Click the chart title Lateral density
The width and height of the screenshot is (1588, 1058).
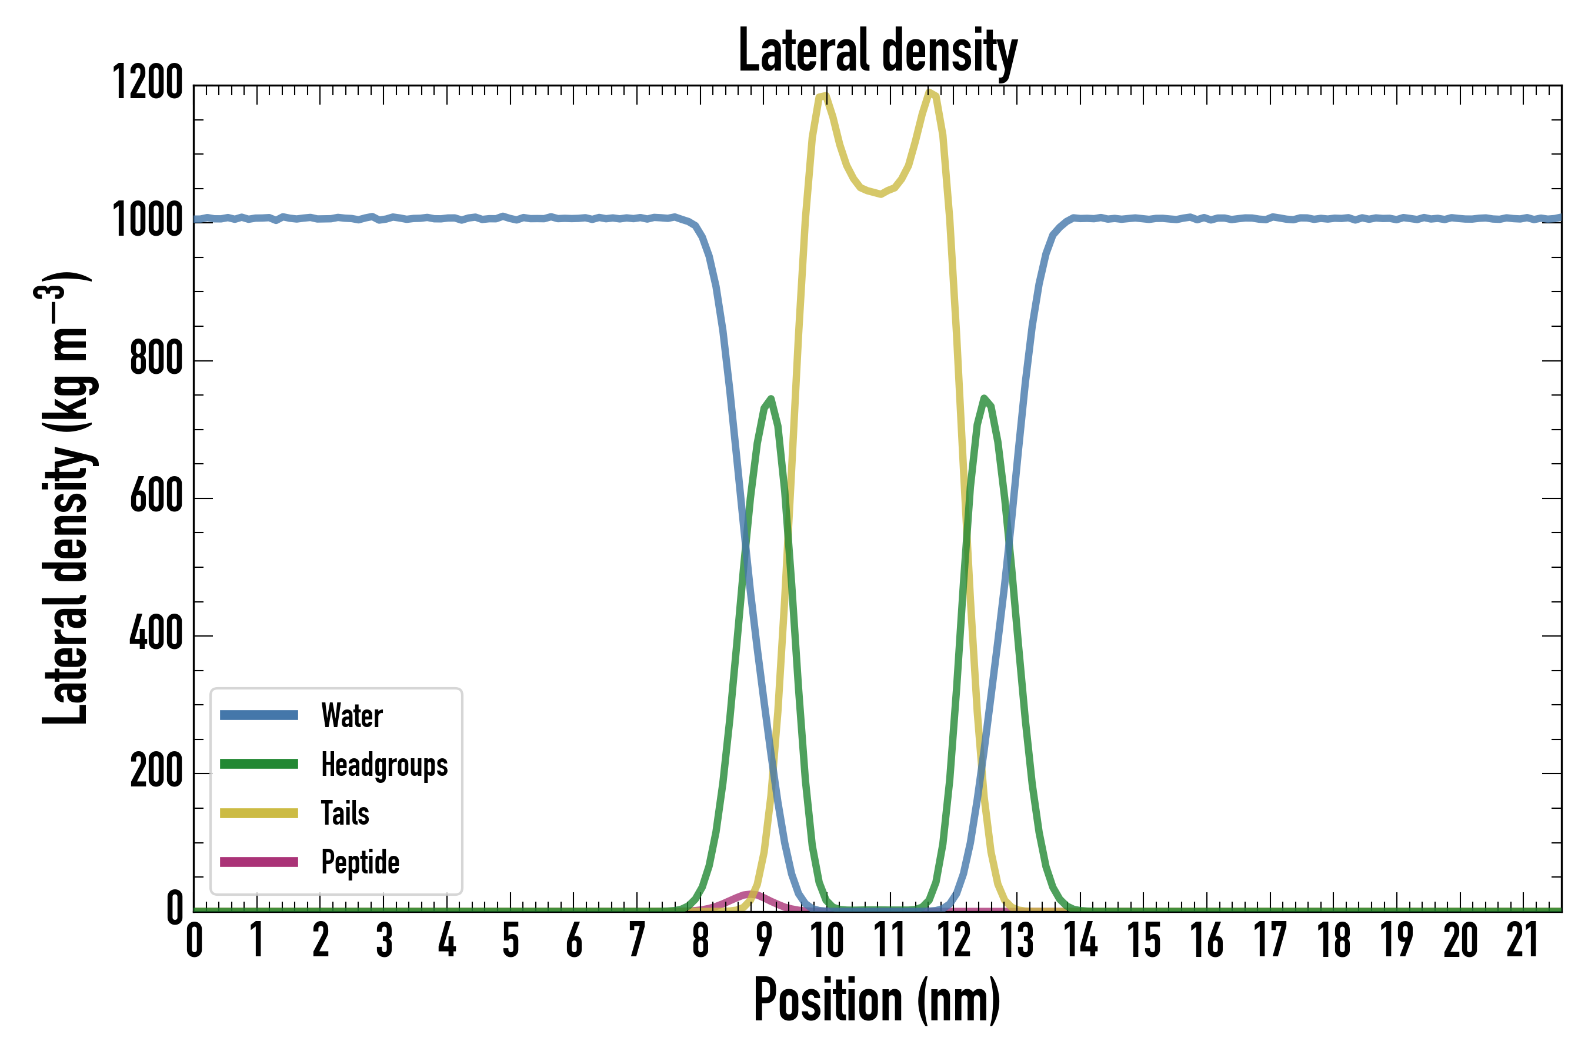pyautogui.click(x=877, y=51)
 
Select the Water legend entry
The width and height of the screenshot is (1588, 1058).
pyautogui.click(x=351, y=716)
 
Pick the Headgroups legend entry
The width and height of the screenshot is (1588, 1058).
pyautogui.click(x=383, y=765)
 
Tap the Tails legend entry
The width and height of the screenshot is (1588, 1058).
pyautogui.click(x=344, y=813)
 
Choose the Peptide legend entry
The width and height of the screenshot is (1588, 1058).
pyautogui.click(x=360, y=862)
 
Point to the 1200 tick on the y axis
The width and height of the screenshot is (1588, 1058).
pyautogui.click(x=147, y=83)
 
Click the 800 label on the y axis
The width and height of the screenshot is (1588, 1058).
pyautogui.click(x=156, y=359)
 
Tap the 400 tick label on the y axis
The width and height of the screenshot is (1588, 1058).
pyautogui.click(x=156, y=634)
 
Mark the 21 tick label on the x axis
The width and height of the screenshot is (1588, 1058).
pyautogui.click(x=1522, y=940)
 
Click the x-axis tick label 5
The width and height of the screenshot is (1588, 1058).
pyautogui.click(x=511, y=940)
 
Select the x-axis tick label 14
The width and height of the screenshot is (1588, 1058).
pyautogui.click(x=1080, y=940)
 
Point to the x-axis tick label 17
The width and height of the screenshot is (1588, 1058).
pyautogui.click(x=1270, y=940)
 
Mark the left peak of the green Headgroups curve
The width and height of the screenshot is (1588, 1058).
pyautogui.click(x=770, y=399)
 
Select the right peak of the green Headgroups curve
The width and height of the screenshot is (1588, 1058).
pyautogui.click(x=985, y=398)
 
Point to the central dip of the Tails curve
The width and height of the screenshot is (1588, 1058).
pyautogui.click(x=880, y=193)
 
